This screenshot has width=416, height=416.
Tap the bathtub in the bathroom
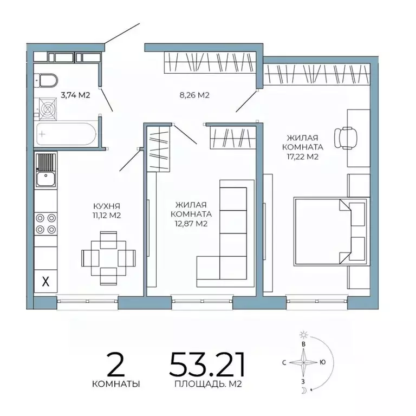point(66,134)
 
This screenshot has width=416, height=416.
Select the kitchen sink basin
point(45,179)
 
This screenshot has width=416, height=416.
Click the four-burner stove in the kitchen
point(45,224)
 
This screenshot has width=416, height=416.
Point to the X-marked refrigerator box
point(45,281)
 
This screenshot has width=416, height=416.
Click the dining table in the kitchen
point(108,258)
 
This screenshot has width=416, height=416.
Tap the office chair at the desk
point(346,138)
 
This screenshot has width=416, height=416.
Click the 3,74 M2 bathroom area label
point(76,95)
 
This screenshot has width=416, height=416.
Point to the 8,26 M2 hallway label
point(194,95)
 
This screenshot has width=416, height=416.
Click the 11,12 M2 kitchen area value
point(107,215)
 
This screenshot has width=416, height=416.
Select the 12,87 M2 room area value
point(191,224)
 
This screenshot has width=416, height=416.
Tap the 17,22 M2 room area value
point(302,157)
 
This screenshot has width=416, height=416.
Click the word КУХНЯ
point(107,206)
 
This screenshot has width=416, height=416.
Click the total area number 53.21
point(207,364)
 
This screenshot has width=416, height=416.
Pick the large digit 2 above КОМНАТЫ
point(116,364)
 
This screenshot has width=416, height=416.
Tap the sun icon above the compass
point(303,335)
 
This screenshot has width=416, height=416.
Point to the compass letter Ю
point(323,362)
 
